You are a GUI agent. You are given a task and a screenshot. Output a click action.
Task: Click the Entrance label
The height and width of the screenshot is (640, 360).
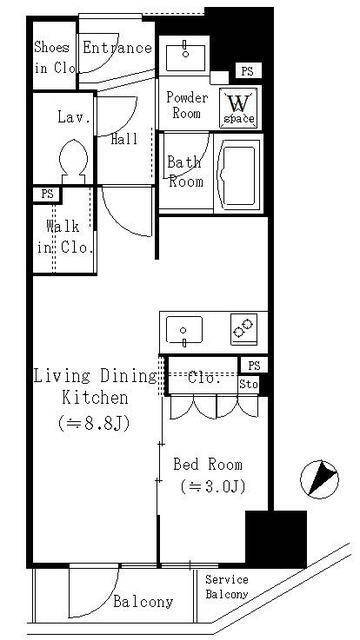116,48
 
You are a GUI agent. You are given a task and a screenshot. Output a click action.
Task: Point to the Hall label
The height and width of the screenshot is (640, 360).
124,140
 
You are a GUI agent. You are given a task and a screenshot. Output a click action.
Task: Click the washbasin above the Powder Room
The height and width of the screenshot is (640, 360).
184,55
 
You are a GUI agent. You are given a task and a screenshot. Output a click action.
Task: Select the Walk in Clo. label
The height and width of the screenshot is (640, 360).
62,237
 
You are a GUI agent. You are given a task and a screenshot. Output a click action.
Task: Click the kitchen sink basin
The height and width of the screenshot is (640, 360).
183,329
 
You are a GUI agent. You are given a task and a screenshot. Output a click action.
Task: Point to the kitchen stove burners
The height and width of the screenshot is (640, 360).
244,329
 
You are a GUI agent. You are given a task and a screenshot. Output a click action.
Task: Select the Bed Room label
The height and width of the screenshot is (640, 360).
208,465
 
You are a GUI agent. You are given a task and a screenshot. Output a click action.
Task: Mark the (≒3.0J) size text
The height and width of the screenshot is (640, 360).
211,487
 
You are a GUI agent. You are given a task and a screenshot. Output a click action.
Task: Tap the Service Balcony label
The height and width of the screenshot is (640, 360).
228,587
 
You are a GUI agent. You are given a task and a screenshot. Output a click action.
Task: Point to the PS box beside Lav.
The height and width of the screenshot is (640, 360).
46,194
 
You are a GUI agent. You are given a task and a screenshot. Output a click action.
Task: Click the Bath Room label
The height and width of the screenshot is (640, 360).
185,172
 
